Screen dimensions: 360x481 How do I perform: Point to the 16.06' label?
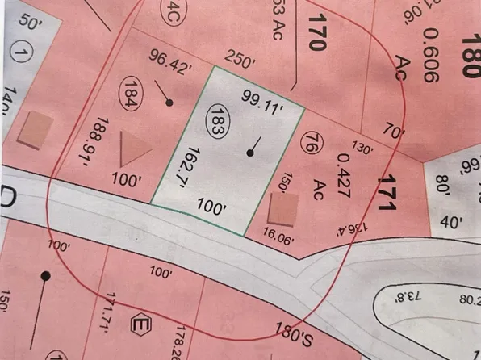280,237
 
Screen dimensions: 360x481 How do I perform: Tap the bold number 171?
387,192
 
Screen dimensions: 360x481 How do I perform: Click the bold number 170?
314,31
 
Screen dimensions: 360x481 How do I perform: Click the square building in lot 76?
282,212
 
